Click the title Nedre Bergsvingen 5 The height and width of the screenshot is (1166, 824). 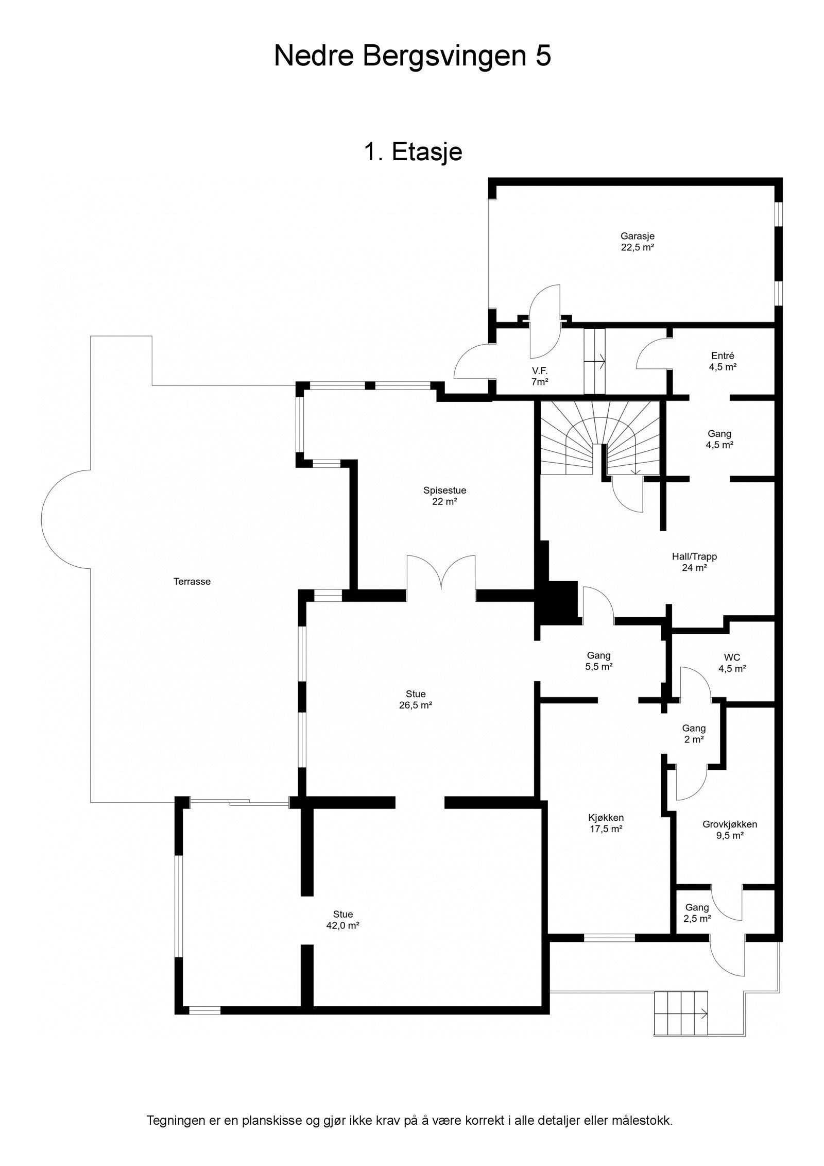click(x=412, y=56)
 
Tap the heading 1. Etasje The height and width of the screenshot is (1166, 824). click(x=413, y=152)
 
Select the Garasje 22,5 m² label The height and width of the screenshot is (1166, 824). click(x=637, y=241)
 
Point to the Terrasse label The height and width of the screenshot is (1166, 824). click(x=192, y=582)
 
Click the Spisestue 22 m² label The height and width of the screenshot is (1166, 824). click(x=445, y=496)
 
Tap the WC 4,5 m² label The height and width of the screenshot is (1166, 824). click(x=732, y=663)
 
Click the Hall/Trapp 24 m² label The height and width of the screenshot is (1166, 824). click(x=694, y=562)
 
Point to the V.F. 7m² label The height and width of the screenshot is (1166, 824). click(x=539, y=376)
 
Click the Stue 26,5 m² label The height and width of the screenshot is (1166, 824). click(x=415, y=700)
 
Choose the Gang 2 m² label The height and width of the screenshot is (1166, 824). click(x=694, y=734)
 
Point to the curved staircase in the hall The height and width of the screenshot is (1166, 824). click(x=600, y=438)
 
